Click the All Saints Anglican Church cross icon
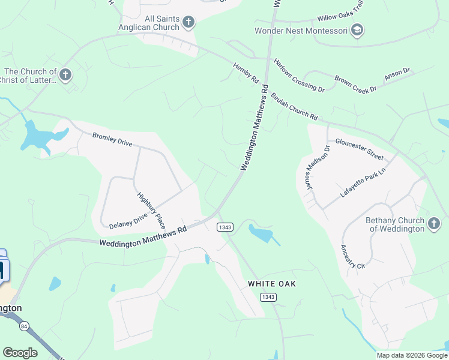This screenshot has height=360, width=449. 188,23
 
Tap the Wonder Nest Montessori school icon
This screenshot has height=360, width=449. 357,30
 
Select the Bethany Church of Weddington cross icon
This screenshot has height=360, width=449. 433,224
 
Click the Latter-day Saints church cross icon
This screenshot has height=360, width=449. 65,75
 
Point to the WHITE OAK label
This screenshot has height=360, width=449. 271,283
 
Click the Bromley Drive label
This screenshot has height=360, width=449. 112,140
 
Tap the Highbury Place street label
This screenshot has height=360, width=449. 151,209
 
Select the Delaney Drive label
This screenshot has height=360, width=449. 128,221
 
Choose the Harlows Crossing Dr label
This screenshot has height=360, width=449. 299,75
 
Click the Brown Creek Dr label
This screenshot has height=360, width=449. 355,84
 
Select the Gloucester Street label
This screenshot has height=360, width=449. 359,149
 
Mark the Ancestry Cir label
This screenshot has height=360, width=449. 352,256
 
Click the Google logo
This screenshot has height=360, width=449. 20,353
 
